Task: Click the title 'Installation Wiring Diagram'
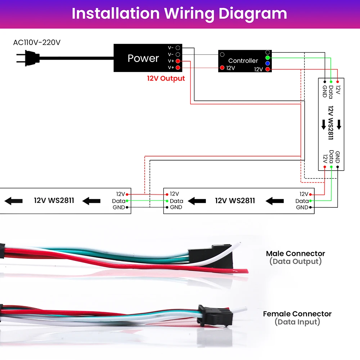pyautogui.click(x=179, y=14)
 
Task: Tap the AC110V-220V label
pyautogui.click(x=37, y=42)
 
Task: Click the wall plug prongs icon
pyautogui.click(x=28, y=58)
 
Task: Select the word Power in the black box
pyautogui.click(x=143, y=58)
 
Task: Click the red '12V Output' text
pyautogui.click(x=166, y=78)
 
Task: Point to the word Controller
pyautogui.click(x=243, y=60)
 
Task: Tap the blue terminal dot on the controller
pyautogui.click(x=267, y=63)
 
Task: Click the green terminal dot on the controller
pyautogui.click(x=267, y=58)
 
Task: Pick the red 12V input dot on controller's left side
pyautogui.click(x=222, y=68)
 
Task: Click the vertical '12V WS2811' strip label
pyautogui.click(x=330, y=123)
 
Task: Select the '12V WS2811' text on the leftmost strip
pyautogui.click(x=54, y=201)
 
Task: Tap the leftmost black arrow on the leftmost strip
pyautogui.click(x=14, y=201)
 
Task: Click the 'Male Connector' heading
pyautogui.click(x=296, y=253)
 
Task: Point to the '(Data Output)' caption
pyautogui.click(x=296, y=261)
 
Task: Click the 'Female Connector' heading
pyautogui.click(x=297, y=314)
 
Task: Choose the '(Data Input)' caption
pyautogui.click(x=297, y=322)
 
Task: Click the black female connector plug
pyautogui.click(x=215, y=316)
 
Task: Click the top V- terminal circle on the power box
pyautogui.click(x=178, y=48)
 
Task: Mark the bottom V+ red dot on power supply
pyautogui.click(x=178, y=68)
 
